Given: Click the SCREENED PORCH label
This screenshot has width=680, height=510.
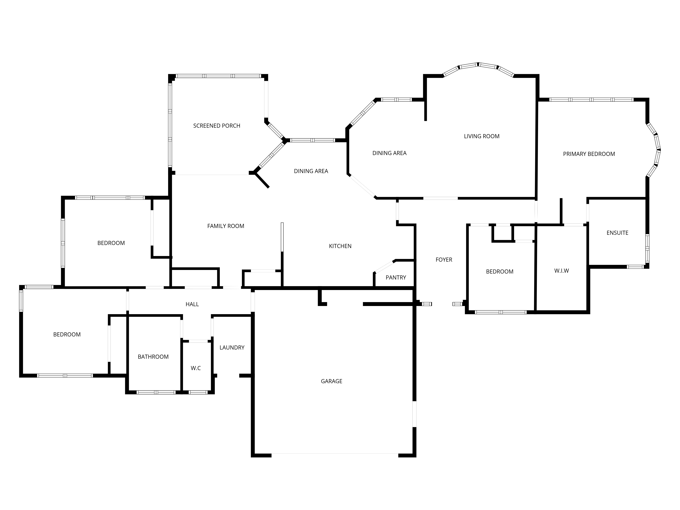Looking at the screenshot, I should pos(217,126).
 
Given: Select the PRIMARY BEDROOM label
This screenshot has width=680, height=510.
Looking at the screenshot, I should pos(589,154).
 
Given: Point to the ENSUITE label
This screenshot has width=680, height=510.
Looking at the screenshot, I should pos(617,233).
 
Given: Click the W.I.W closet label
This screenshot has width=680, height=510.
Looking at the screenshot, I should pos(561,271).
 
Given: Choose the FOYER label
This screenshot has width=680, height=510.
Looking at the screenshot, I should pos(444,260).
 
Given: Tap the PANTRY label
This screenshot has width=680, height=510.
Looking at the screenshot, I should pos(396,278).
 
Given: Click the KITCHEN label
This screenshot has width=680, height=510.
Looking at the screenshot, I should pos(340,246).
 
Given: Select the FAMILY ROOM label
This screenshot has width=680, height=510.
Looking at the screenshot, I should pos(226,226).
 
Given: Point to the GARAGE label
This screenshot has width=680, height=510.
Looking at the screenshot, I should pos(331,381).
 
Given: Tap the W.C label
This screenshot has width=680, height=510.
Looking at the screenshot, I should pos(195,368).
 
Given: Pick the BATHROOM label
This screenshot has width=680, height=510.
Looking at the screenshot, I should pos(153,357).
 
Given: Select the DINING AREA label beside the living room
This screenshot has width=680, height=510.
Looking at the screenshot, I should pos(389,153).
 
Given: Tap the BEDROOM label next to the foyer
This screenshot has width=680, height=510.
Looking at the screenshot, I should pos(500,271).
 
